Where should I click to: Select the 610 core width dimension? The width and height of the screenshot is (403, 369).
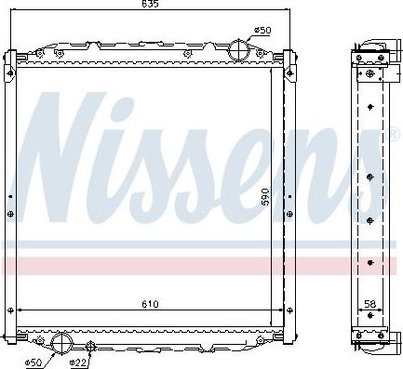pyautogui.click(x=151, y=303)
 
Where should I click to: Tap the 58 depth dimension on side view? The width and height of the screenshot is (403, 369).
pyautogui.click(x=369, y=303)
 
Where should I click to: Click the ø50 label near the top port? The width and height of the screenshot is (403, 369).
pyautogui.click(x=263, y=31)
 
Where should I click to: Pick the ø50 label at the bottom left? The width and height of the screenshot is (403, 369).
pyautogui.click(x=34, y=361)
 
